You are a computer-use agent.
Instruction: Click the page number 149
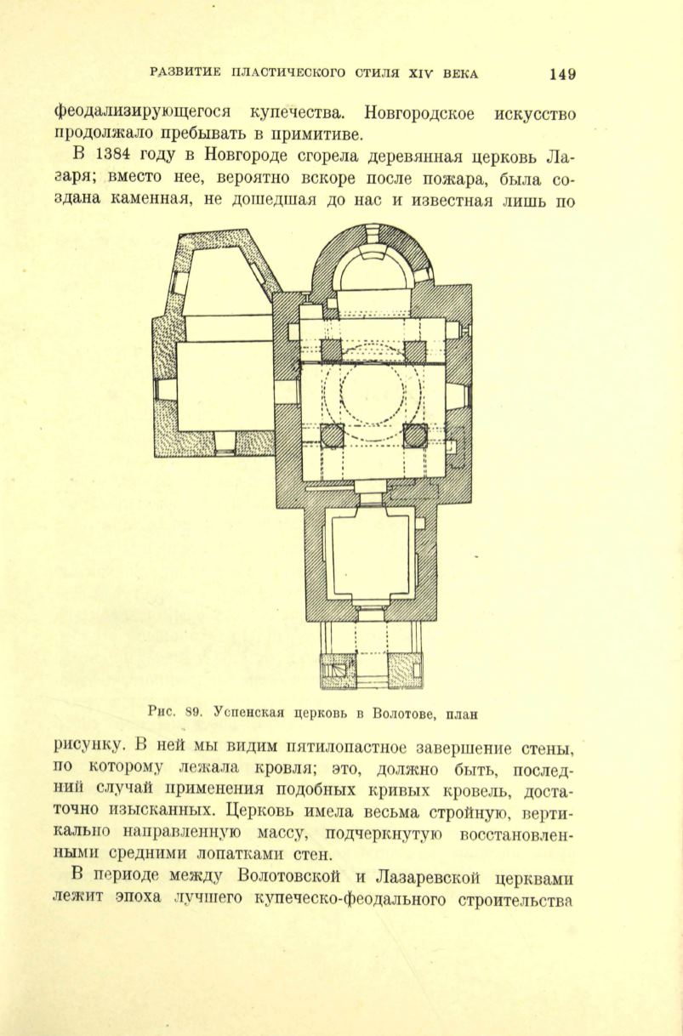coord(562,74)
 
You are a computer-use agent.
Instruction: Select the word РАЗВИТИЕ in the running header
coord(186,72)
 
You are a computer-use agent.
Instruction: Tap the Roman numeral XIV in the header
coord(420,73)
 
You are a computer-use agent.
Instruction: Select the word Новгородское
coord(419,114)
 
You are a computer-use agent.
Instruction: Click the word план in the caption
coord(462,715)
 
